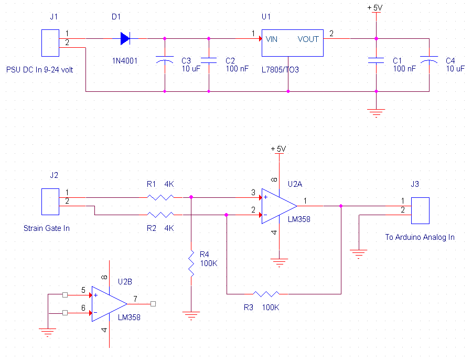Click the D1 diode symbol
click(125, 38)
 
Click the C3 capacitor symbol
click(165, 59)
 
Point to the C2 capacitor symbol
click(209, 60)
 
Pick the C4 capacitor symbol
click(429, 59)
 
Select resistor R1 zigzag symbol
click(160, 198)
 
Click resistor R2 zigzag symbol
click(160, 215)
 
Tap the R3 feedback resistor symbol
click(266, 294)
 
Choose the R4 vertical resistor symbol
click(191, 263)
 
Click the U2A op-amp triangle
click(280, 206)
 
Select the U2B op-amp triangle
click(109, 304)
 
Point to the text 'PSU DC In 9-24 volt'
click(40, 70)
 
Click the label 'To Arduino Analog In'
click(420, 237)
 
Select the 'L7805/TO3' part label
click(280, 70)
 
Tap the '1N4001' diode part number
click(125, 61)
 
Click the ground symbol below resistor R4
click(191, 315)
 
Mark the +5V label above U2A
click(278, 149)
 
